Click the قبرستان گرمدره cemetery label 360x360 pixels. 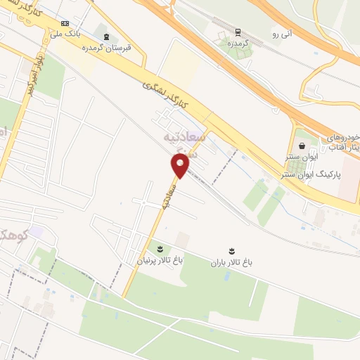[x=106, y=48]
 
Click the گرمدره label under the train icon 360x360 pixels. [x=240, y=44]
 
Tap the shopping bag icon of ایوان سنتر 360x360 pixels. [x=302, y=146]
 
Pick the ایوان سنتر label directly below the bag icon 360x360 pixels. [x=302, y=158]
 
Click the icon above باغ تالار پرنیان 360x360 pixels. [x=159, y=249]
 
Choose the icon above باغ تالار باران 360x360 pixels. [x=231, y=251]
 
